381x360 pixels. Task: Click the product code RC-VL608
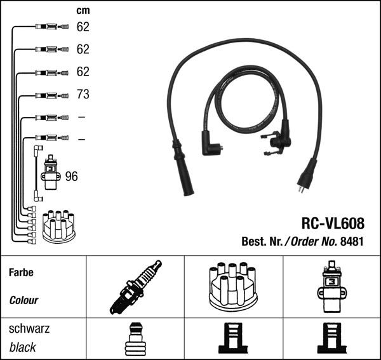pyautogui.click(x=332, y=223)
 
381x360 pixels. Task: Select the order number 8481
pyautogui.click(x=352, y=241)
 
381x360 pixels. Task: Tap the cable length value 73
pyautogui.click(x=83, y=95)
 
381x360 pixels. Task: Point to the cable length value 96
pyautogui.click(x=71, y=176)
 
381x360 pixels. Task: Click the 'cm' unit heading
pyautogui.click(x=83, y=10)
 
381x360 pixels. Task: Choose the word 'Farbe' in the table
pyautogui.click(x=21, y=272)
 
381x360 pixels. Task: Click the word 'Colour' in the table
pyautogui.click(x=23, y=300)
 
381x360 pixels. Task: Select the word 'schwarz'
pyautogui.click(x=29, y=329)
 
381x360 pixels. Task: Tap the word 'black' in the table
pyautogui.click(x=23, y=347)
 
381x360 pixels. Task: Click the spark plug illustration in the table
pyautogui.click(x=135, y=287)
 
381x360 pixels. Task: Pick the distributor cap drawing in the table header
pyautogui.click(x=233, y=287)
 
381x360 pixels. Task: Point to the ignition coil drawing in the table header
pyautogui.click(x=331, y=286)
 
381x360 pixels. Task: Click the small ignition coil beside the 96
pyautogui.click(x=51, y=171)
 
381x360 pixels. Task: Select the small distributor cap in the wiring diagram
pyautogui.click(x=58, y=226)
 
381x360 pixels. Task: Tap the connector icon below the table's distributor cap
pyautogui.click(x=233, y=339)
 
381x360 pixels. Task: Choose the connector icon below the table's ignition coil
pyautogui.click(x=331, y=339)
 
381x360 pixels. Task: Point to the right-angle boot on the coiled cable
pyautogui.click(x=210, y=145)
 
